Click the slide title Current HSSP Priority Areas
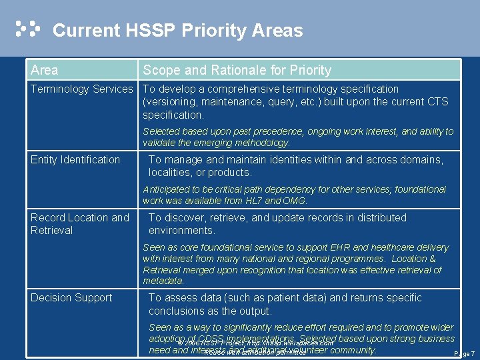pyautogui.click(x=177, y=31)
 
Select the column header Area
pyautogui.click(x=44, y=70)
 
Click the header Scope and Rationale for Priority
pyautogui.click(x=237, y=70)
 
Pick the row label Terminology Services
pyautogui.click(x=82, y=89)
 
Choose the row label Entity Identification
pyautogui.click(x=75, y=159)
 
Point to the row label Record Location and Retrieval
pyautogui.click(x=80, y=224)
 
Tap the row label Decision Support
pyautogui.click(x=71, y=298)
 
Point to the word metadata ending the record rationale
pyautogui.click(x=163, y=281)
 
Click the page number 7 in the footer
pyautogui.click(x=472, y=353)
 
